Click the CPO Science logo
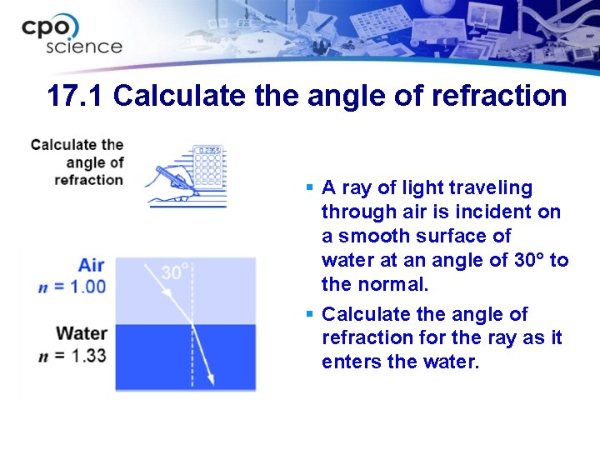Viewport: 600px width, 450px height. [x=72, y=35]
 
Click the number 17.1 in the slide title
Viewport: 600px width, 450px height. [x=76, y=96]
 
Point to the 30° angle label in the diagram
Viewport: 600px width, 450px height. [x=176, y=272]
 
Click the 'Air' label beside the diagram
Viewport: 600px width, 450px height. [x=91, y=266]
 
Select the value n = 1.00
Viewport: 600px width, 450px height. [x=72, y=287]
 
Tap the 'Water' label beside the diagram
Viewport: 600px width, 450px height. [x=82, y=334]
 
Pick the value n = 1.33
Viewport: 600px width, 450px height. [x=72, y=355]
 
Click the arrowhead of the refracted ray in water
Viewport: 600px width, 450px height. [x=210, y=378]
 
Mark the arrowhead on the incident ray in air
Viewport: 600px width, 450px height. [x=167, y=292]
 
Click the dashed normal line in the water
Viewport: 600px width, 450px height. [x=192, y=358]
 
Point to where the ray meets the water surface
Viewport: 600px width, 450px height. [x=192, y=324]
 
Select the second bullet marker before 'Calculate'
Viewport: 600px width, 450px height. [x=309, y=314]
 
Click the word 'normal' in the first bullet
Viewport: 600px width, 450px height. [x=391, y=284]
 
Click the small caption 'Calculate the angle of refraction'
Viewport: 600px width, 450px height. [x=77, y=162]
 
